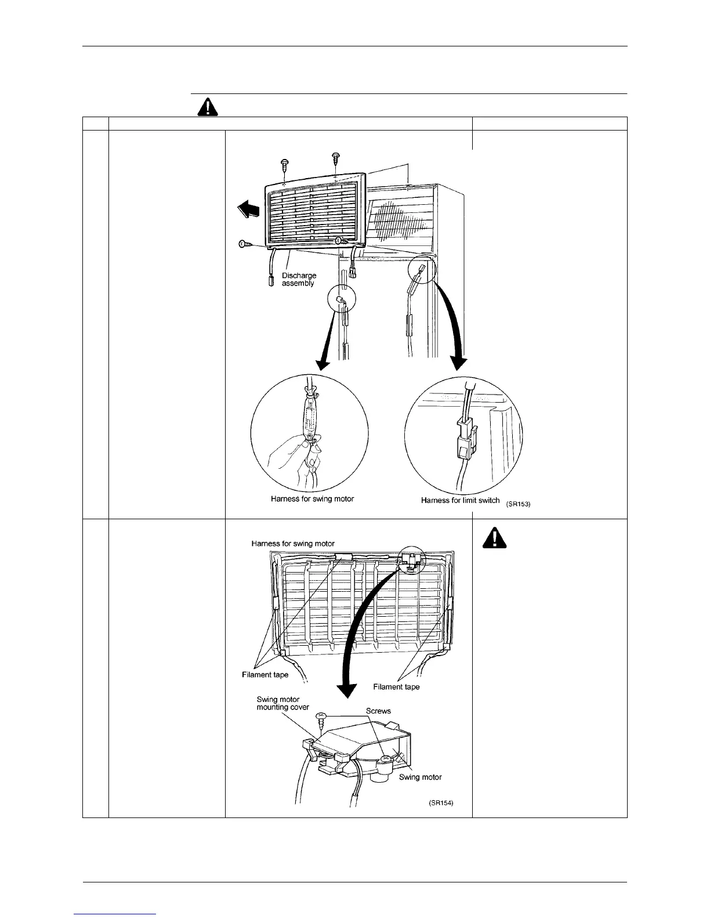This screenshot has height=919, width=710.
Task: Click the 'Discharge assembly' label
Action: coord(299,279)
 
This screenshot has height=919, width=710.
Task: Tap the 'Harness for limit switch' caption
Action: coord(460,500)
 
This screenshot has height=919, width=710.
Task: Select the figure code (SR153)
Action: coord(517,504)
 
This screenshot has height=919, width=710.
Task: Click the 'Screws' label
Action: coord(378,711)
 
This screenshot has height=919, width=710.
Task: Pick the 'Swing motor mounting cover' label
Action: coord(283,703)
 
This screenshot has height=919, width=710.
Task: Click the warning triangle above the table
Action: coord(208,107)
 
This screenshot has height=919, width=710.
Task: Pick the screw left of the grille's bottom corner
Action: coord(245,245)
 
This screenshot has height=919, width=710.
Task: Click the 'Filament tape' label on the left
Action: coord(265,675)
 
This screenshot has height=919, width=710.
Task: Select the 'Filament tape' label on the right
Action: coord(396,687)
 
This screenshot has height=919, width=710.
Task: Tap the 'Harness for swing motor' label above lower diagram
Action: coord(293,544)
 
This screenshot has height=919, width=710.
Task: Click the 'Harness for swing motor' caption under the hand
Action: coord(312,499)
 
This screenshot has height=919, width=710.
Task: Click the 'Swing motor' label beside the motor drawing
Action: coord(421,777)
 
